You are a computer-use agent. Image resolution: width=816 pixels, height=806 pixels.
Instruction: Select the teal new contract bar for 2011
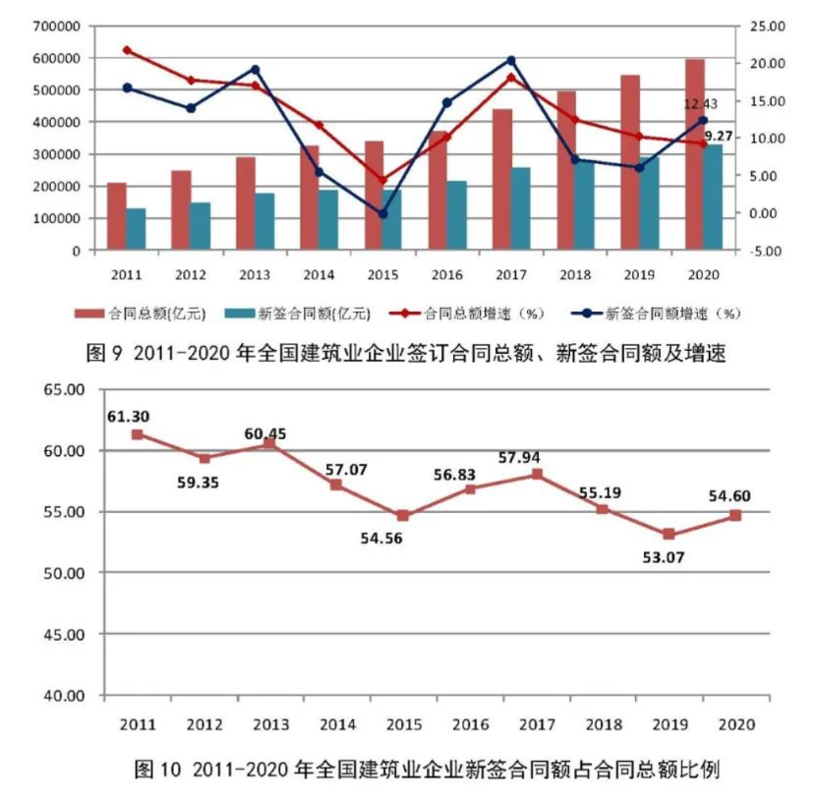136,229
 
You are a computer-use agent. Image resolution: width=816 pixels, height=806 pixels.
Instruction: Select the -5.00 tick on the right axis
762,251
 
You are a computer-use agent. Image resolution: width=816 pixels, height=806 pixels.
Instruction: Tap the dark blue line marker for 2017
511,61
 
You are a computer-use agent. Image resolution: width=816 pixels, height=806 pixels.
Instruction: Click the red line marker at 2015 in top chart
383,181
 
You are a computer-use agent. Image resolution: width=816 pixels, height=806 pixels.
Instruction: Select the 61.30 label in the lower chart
127,416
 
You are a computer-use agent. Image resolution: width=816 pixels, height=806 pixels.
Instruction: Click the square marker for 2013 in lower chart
270,444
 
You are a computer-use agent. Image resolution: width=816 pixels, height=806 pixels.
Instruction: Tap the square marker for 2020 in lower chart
735,515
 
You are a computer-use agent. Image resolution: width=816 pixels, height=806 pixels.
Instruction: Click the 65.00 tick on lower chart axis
65,390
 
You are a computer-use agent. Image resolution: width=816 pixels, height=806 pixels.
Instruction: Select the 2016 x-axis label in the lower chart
470,724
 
